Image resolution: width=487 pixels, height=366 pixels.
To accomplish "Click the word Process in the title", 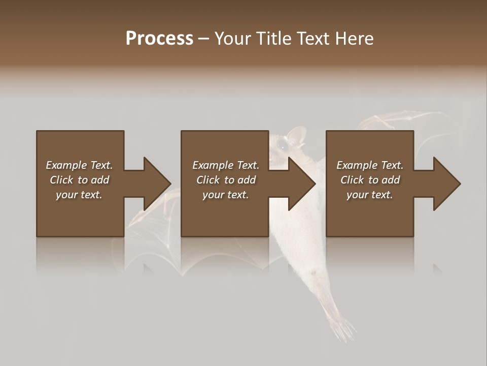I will (x=159, y=39).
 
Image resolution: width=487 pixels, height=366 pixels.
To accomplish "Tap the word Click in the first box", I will (x=61, y=180).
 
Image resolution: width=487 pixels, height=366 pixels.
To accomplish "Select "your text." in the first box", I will (x=79, y=195).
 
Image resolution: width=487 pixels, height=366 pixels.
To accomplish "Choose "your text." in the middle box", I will (x=225, y=195).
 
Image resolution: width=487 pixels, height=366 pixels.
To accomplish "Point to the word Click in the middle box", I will (x=208, y=180).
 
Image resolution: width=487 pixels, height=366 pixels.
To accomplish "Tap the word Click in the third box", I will (x=352, y=180).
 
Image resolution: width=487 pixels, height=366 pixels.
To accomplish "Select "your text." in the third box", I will (x=369, y=195).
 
